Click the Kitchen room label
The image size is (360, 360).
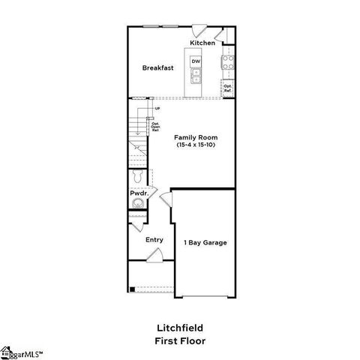point(202,43)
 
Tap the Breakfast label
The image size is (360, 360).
point(158,67)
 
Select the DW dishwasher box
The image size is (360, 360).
point(196,61)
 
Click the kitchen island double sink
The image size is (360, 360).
point(196,74)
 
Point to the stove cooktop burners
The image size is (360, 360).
point(227,62)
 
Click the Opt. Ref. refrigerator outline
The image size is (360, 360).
point(228,88)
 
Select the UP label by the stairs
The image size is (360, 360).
point(157,109)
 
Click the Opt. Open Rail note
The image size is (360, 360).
point(155,126)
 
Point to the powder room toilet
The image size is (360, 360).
point(136,178)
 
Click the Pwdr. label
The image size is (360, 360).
point(138,193)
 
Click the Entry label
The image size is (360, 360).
point(154,240)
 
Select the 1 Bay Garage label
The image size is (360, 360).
point(205,242)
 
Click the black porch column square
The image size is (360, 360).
point(131,289)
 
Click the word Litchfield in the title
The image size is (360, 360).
point(180,327)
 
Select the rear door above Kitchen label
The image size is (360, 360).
point(199,31)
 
